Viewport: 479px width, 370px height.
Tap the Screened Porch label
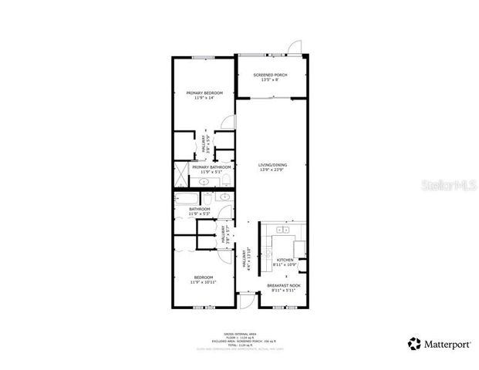271,75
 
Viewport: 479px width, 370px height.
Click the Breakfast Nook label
283,285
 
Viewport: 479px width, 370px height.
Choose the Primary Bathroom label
211,166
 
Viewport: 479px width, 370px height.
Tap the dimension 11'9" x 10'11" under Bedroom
204,282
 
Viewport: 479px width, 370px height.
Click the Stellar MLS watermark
447,184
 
